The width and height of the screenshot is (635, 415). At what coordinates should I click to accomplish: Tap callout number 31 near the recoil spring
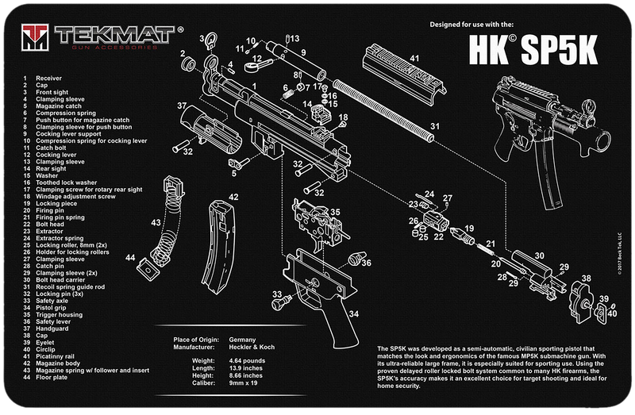click(434, 126)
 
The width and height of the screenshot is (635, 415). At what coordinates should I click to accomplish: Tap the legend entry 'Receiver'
click(47, 79)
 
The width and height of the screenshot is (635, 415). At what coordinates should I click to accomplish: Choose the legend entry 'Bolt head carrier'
click(59, 279)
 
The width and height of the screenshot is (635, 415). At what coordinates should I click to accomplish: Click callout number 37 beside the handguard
click(182, 106)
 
